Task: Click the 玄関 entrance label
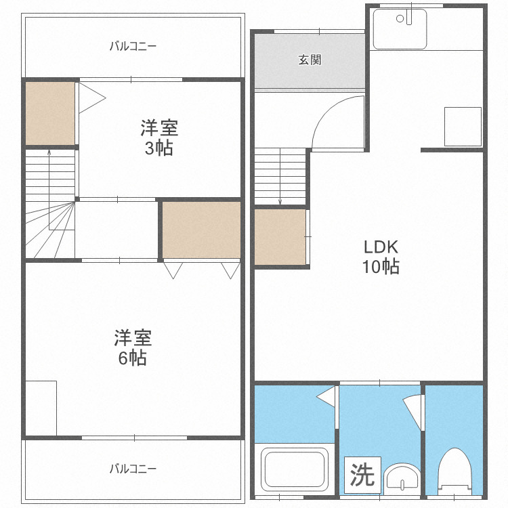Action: (x=310, y=60)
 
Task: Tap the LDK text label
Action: (x=380, y=247)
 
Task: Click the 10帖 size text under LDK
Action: (x=380, y=266)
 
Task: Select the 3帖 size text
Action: (x=159, y=148)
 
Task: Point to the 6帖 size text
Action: (x=132, y=357)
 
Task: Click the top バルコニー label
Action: (x=133, y=47)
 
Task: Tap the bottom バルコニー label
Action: (x=133, y=469)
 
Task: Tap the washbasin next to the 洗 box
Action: (x=402, y=479)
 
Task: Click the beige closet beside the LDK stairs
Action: (x=280, y=237)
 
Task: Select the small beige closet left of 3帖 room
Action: (x=49, y=112)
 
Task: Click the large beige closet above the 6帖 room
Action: (x=201, y=230)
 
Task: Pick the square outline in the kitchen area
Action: (x=463, y=126)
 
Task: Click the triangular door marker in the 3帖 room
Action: (x=90, y=99)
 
